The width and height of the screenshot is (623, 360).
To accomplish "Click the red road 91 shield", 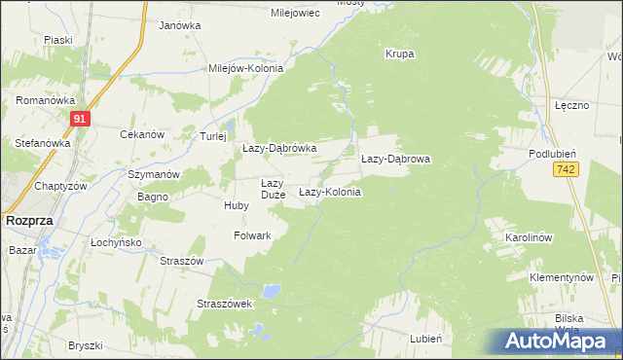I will click(x=81, y=119).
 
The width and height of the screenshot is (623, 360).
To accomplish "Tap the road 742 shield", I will click(x=564, y=169).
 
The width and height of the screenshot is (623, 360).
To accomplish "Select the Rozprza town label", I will click(x=28, y=221).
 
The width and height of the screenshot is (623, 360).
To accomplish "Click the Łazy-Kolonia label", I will click(x=329, y=193).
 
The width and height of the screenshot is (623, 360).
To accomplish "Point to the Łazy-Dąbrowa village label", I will click(x=395, y=158).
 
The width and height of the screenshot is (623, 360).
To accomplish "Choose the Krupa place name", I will click(x=400, y=54).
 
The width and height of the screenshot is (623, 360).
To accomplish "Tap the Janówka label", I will click(x=179, y=25).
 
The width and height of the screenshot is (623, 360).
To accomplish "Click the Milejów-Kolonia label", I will click(x=245, y=69).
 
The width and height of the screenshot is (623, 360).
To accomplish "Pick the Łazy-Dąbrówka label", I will click(x=279, y=148).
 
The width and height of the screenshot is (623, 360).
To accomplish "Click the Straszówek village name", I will click(x=225, y=304).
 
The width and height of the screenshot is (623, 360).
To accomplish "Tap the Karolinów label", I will click(x=529, y=237).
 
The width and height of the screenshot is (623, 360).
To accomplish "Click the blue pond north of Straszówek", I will click(x=274, y=290).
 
